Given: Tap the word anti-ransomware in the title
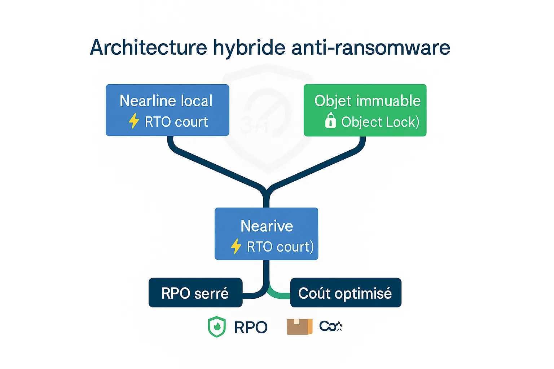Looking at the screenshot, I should coord(371,48).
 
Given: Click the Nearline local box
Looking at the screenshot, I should coord(167,110).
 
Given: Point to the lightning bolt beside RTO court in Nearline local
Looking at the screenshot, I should coord(134,121).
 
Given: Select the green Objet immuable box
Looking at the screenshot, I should coord(365,110).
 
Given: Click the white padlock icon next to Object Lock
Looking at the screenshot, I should coord(330,121).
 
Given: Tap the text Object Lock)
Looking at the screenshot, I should coord(380,122).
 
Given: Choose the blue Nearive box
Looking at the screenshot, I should coord(266,234).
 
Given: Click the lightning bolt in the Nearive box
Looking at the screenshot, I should coord(236,246).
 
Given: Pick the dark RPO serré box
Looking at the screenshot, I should coord(195,293).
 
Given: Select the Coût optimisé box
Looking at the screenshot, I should coord(346,293).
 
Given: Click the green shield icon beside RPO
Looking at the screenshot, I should coord(216,326).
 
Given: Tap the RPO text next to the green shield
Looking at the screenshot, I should coord(251,327).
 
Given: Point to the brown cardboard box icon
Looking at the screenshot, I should coord(299,326).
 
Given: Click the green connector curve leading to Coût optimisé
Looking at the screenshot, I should coord(280,295).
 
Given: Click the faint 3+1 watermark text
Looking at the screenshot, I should coord(255,126).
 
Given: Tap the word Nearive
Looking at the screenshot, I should coord(267,226).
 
